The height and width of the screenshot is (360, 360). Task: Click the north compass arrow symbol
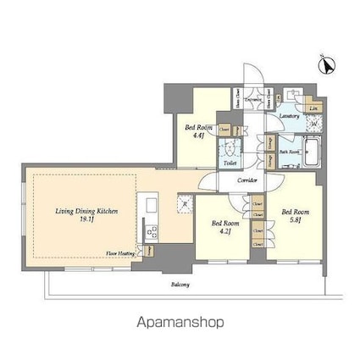[x=325, y=64]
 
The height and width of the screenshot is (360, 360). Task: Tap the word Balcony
[x=179, y=285]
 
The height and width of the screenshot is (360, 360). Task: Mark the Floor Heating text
[x=120, y=252]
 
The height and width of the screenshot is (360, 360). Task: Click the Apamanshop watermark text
[x=179, y=323]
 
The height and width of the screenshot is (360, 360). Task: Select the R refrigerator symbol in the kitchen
[x=182, y=203]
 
